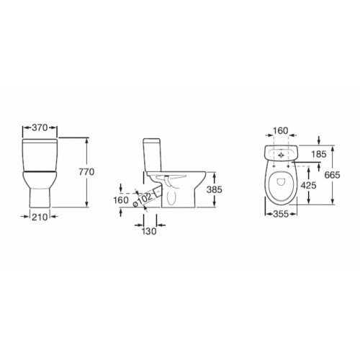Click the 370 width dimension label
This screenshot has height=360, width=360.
40,127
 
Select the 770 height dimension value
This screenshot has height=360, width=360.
86,172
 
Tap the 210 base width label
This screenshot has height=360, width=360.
40,217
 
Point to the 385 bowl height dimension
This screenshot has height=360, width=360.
215,189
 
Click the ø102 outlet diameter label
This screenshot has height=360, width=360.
143,199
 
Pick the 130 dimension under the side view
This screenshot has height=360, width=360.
149,231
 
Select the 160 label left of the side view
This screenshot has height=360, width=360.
121,200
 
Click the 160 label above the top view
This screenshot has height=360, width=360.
281,130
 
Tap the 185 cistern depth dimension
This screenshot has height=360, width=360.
319,154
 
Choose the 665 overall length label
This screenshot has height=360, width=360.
332,175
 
